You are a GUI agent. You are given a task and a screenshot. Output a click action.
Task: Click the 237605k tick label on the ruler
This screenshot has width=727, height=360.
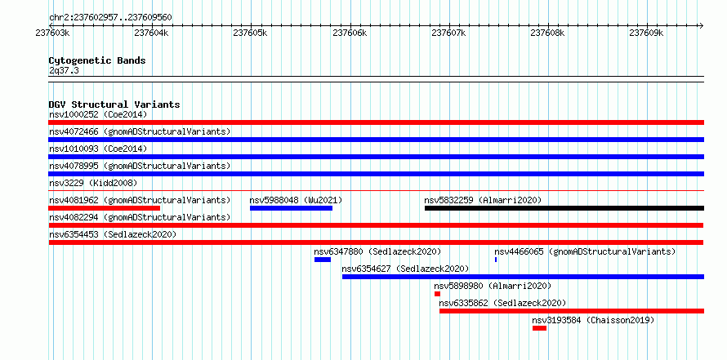coord(251,33)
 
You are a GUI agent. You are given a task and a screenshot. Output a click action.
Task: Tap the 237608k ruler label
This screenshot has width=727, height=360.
coord(547,33)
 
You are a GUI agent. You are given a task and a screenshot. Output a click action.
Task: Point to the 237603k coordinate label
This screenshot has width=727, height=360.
coord(53,33)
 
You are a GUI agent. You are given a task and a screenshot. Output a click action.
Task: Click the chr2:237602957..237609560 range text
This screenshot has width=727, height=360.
coord(110,18)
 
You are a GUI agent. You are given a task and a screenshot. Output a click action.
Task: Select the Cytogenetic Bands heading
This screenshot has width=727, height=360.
coord(97,60)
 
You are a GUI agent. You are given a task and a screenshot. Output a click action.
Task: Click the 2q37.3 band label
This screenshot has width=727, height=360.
coord(64,71)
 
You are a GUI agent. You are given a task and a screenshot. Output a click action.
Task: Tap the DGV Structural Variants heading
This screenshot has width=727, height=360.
coord(114,104)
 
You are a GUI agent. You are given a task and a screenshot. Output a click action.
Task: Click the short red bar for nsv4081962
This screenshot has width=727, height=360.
coord(105,208)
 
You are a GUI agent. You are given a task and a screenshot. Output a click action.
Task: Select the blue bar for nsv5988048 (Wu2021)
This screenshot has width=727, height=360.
coord(291,208)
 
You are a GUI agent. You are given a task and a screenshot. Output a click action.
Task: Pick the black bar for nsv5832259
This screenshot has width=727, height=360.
coord(564,208)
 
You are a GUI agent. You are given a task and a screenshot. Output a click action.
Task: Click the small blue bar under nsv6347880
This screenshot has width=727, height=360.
coord(323,260)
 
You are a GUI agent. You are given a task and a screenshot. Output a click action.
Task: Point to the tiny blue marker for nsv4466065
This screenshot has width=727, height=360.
coord(496,260)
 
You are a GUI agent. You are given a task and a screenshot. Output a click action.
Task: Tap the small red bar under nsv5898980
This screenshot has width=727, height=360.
coord(437,294)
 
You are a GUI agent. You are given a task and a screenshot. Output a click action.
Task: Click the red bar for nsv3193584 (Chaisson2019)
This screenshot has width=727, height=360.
coord(539,328)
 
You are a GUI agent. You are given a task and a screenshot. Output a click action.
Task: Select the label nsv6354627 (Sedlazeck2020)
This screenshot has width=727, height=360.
coord(405,269)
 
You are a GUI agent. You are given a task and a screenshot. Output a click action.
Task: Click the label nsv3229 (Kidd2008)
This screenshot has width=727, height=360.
coord(93,183)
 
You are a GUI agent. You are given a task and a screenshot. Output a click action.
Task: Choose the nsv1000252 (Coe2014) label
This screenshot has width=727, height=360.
coord(98,114)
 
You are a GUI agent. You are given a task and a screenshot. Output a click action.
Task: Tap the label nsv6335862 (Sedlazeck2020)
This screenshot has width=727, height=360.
coord(502,303)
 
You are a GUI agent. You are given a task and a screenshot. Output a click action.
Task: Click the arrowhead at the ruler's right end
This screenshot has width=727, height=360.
coord(701,25)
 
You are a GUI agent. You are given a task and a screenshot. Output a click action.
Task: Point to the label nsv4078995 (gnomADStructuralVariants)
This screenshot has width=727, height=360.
coord(140,166)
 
